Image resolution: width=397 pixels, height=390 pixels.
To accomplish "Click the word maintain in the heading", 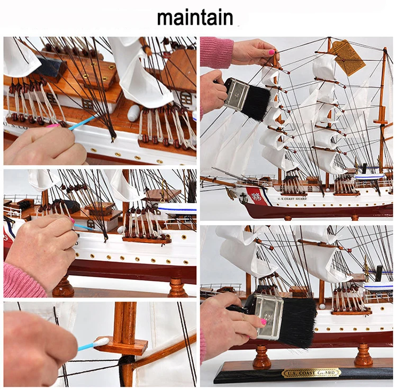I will pyautogui.click(x=195, y=17).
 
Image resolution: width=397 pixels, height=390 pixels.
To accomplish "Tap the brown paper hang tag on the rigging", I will pyautogui.click(x=348, y=57).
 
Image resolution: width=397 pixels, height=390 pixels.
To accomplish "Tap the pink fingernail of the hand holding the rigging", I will pyautogui.click(x=272, y=52).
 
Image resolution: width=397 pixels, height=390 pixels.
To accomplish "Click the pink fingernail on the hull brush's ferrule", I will pyautogui.click(x=263, y=321).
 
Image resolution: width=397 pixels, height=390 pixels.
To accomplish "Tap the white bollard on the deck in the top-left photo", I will pyautogui.click(x=133, y=113).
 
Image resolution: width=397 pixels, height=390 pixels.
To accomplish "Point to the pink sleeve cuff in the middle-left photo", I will pyautogui.click(x=24, y=281).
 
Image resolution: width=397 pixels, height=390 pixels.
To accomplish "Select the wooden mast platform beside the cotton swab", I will pyautogui.click(x=121, y=346).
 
